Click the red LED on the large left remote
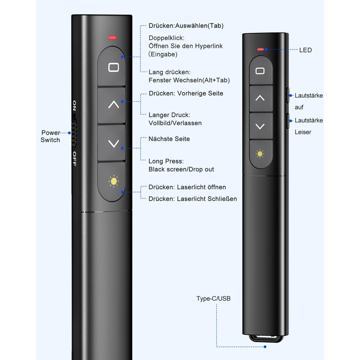(x=112, y=37)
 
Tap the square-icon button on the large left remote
(x=112, y=67)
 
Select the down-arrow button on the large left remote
(x=113, y=144)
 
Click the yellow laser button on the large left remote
(x=113, y=181)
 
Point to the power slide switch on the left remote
(x=75, y=133)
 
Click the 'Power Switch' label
(x=50, y=136)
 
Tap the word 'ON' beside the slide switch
(x=74, y=106)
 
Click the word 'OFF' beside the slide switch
(x=74, y=159)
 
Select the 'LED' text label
(x=306, y=50)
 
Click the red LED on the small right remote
(x=260, y=49)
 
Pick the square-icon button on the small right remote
(x=260, y=71)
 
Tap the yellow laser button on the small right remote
(x=260, y=154)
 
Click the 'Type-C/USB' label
(x=213, y=298)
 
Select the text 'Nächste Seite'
(x=169, y=139)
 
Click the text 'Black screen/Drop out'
(x=181, y=170)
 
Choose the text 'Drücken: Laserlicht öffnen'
(x=187, y=187)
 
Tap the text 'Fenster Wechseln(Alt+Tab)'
(x=189, y=80)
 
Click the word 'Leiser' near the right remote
(x=303, y=132)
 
